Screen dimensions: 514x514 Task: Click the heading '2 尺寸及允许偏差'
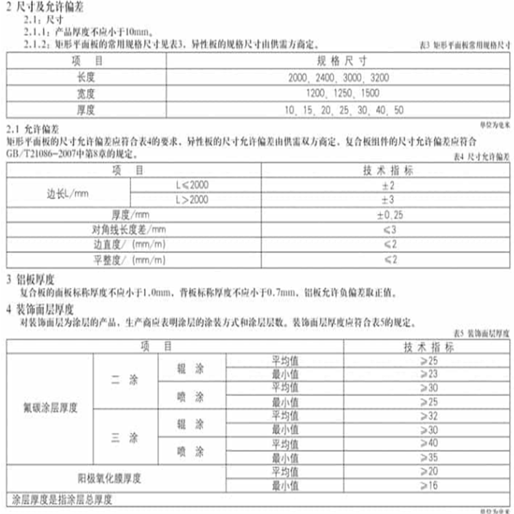(42, 6)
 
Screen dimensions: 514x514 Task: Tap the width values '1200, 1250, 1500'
(333, 94)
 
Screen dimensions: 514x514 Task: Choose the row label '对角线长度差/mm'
(129, 230)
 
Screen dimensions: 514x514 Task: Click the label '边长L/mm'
(66, 193)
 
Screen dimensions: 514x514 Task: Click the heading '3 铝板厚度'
(30, 280)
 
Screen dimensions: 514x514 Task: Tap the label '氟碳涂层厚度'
(50, 408)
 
